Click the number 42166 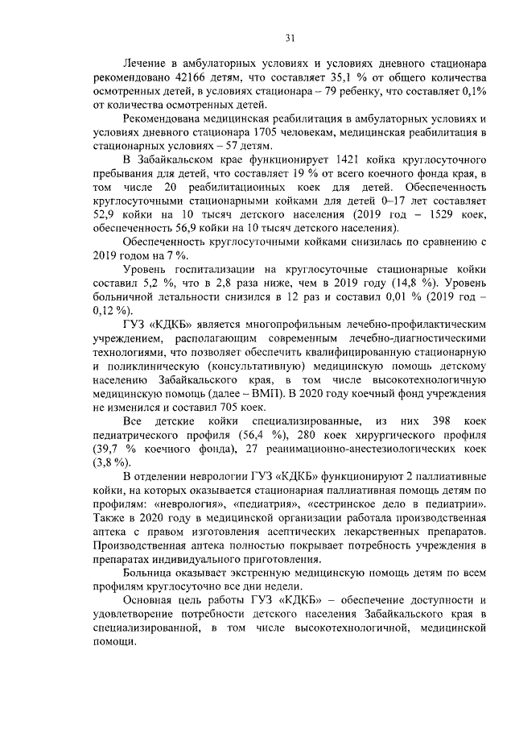point(187,78)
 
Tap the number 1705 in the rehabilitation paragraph point(268,133)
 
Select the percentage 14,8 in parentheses point(418,284)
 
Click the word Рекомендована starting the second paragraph point(169,119)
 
